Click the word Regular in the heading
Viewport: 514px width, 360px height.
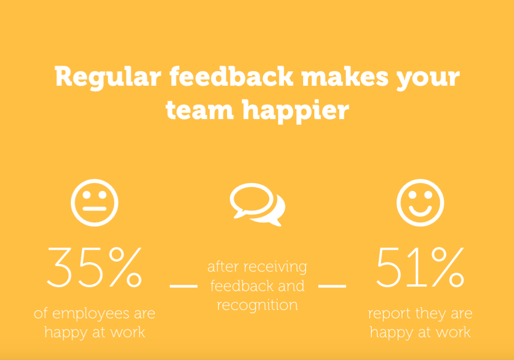pyautogui.click(x=108, y=77)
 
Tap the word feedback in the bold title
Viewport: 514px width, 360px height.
pyautogui.click(x=231, y=76)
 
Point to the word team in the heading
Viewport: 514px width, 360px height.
pyautogui.click(x=199, y=110)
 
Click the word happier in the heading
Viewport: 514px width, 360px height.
pyautogui.click(x=295, y=111)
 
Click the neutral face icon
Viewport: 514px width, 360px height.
pyautogui.click(x=95, y=203)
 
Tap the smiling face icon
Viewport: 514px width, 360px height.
pyautogui.click(x=420, y=203)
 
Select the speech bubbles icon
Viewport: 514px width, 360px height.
pyautogui.click(x=258, y=204)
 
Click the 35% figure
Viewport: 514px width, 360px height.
pyautogui.click(x=95, y=267)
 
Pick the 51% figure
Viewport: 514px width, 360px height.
pyautogui.click(x=420, y=267)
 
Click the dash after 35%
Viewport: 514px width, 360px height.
pyautogui.click(x=184, y=286)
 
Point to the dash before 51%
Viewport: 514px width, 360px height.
pyautogui.click(x=332, y=286)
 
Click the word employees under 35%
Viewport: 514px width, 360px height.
pyautogui.click(x=91, y=314)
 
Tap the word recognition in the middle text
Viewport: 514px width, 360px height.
pyautogui.click(x=258, y=305)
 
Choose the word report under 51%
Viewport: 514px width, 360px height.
pyautogui.click(x=389, y=314)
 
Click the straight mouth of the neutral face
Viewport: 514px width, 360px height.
pyautogui.click(x=95, y=209)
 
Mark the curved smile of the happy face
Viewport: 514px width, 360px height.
pyautogui.click(x=420, y=211)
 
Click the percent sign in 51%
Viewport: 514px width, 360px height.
pyautogui.click(x=448, y=267)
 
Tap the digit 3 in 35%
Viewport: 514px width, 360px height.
pyautogui.click(x=60, y=267)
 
